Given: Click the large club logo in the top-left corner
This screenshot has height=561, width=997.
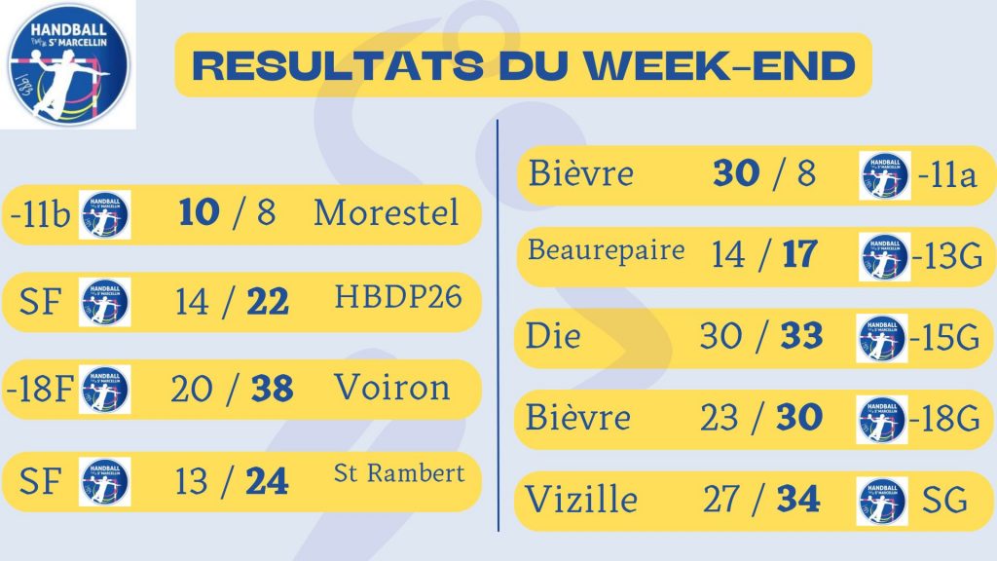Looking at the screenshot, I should pos(68,64).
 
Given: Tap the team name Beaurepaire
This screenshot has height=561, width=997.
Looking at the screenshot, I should pos(607,250).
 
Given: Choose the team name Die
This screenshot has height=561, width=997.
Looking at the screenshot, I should pos(553,337).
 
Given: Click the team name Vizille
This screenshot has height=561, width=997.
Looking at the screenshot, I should pos(581,501).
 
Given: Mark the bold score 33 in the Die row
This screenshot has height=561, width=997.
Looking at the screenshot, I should pos(802,337).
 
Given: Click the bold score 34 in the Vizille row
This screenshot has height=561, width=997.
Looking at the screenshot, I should pos(798,501).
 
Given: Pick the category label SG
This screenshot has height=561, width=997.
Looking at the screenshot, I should pos(943,502).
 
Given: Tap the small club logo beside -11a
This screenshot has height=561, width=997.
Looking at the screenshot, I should pos(884,175).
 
